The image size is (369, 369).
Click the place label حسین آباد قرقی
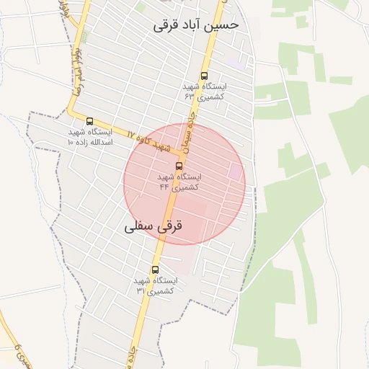click(195, 25)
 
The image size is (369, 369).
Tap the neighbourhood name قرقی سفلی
click(154, 226)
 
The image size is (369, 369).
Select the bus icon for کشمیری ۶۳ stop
click(204, 75)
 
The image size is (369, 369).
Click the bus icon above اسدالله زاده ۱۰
click(89, 121)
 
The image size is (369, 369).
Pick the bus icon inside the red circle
click(179, 166)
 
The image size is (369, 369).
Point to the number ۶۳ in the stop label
click(190, 96)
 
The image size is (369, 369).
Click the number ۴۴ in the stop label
click(165, 187)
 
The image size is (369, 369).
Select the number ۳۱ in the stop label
click(141, 290)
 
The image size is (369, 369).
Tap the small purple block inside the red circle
click(235, 172)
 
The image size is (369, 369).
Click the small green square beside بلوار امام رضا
click(84, 36)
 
